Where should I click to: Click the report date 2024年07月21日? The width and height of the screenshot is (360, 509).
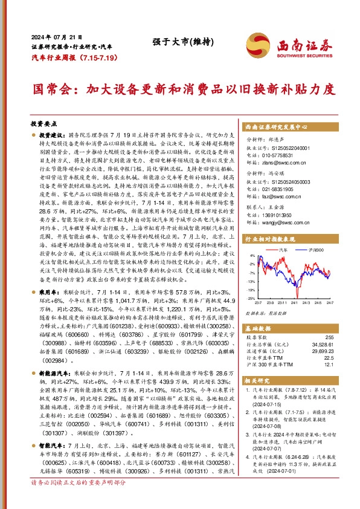51,36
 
